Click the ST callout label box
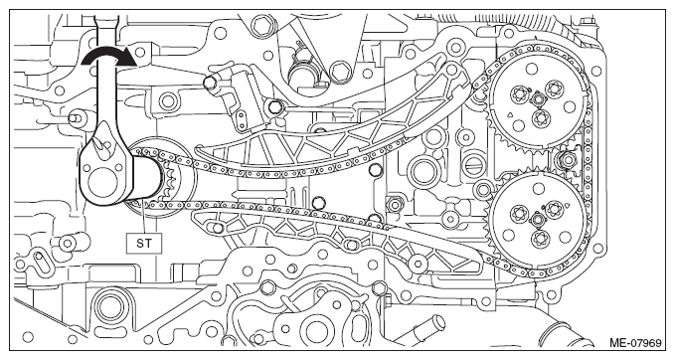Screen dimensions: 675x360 tap(144, 243)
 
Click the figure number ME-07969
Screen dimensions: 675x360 tap(634, 343)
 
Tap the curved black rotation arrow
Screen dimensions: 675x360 tap(109, 57)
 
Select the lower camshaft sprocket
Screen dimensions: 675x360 tap(537, 221)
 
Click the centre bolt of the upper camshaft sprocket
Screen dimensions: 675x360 tap(537, 100)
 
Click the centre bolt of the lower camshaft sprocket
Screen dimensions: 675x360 tap(537, 220)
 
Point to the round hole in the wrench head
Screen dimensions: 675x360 tap(102, 177)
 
